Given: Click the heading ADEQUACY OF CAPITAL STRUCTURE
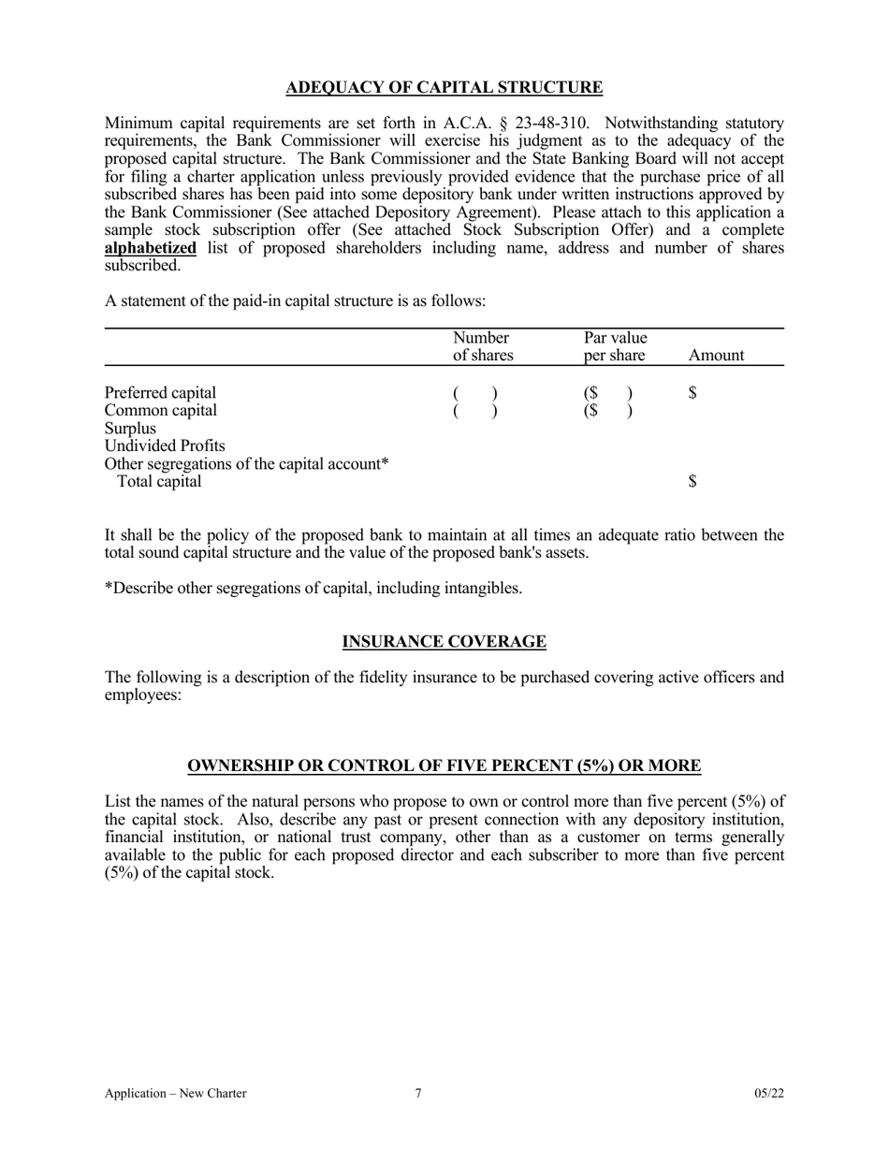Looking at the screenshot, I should tap(444, 88).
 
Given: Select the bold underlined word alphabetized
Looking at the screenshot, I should tap(151, 248).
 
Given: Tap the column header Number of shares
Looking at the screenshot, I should tap(482, 346).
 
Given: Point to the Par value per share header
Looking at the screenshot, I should tap(615, 346).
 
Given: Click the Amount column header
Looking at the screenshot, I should tap(716, 356).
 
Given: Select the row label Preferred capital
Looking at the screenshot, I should tap(160, 392).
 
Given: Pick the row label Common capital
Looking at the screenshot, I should tap(160, 410).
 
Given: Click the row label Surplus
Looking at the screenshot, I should tap(130, 428).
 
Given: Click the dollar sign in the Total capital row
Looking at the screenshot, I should tap(692, 482).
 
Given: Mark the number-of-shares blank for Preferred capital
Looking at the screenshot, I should tap(474, 393).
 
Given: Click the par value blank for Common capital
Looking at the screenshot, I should tap(608, 411).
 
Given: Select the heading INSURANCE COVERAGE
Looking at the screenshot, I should tap(444, 642).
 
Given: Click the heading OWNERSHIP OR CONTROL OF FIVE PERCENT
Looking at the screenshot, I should tap(444, 766).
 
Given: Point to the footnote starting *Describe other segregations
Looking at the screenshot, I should tap(313, 589).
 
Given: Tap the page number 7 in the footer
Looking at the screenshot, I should tap(418, 1093).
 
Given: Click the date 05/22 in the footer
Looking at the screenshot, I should tap(769, 1093).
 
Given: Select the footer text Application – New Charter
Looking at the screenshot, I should tap(176, 1093).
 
